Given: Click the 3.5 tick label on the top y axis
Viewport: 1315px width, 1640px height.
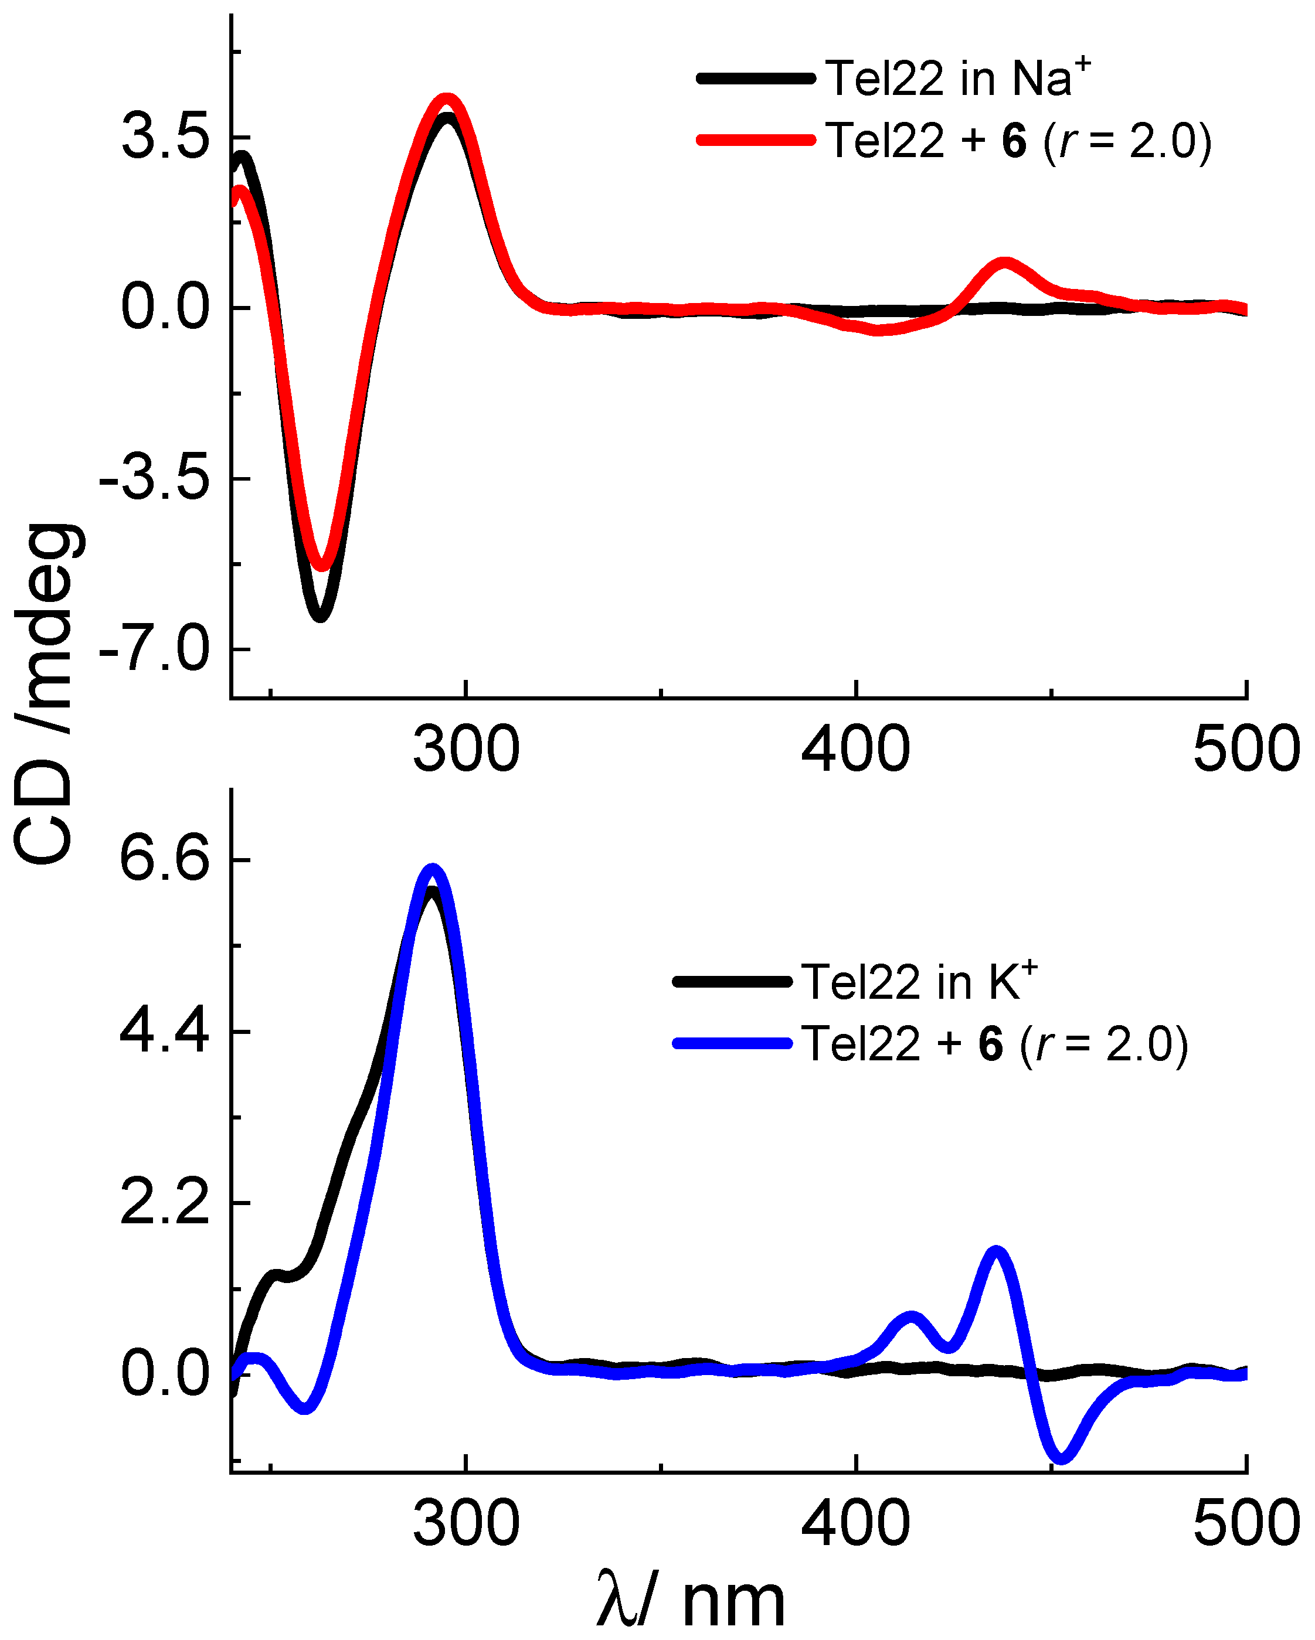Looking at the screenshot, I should pos(165,138).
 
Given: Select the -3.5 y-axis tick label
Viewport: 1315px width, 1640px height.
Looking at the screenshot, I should pos(155,479).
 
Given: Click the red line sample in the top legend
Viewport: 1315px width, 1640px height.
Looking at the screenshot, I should pos(756,140).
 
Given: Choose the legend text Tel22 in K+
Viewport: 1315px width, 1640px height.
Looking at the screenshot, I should pos(919,981).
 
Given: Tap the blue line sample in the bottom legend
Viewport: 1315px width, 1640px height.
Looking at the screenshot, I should pos(732,1044).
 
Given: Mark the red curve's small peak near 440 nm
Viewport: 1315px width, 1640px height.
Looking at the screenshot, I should pos(1004,263).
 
